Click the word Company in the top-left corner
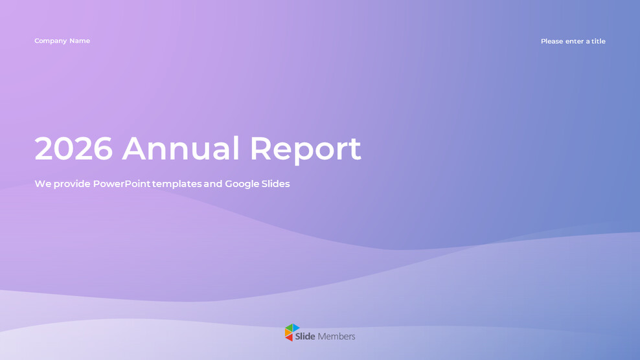point(51,41)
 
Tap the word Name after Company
point(80,41)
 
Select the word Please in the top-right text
point(552,41)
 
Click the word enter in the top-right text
point(575,41)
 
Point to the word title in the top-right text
point(598,41)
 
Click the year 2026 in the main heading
point(73,149)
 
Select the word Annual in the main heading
point(181,149)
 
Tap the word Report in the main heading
point(304,150)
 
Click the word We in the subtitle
point(42,184)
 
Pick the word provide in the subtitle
point(72,185)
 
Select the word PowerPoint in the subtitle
point(121,184)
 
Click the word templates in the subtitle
point(176,185)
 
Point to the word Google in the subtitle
point(241,185)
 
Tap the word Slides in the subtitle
point(276,184)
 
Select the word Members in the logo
point(336,337)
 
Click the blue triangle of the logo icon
point(295,328)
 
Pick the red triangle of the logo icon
point(290,337)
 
